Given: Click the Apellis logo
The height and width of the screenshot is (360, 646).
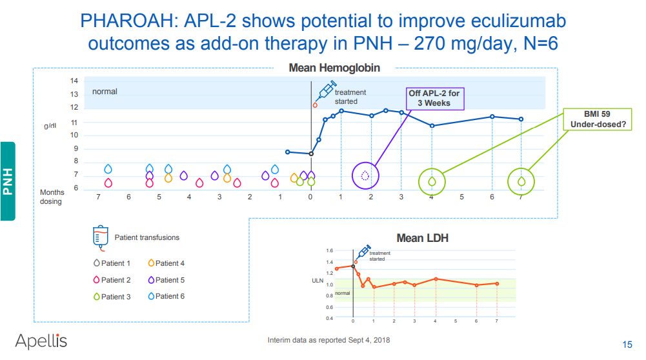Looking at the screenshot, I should (x=41, y=341).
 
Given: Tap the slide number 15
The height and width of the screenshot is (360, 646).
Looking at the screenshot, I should (x=627, y=343).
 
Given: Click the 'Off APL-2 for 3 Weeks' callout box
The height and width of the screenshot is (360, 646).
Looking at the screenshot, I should (x=434, y=98).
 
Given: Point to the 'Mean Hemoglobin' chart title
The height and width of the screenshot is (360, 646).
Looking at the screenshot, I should (x=334, y=68).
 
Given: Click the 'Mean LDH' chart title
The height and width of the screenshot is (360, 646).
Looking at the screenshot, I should (x=422, y=238).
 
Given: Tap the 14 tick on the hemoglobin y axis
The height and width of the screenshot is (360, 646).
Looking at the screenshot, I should (x=74, y=81).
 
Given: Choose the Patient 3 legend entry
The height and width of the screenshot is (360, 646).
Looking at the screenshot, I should (x=112, y=297).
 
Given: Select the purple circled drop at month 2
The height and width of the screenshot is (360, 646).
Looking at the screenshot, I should (x=365, y=175).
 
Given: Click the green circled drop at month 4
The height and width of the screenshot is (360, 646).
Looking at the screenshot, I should (x=431, y=181).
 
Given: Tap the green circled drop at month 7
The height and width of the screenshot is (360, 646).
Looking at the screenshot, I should (x=521, y=181).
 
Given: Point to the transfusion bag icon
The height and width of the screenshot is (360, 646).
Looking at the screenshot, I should (x=100, y=237).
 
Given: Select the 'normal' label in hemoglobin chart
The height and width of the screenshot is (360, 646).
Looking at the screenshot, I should (x=105, y=92).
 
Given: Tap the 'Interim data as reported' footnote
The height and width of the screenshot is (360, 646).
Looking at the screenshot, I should (x=328, y=340).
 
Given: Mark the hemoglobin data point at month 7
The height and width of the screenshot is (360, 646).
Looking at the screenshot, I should (x=521, y=119).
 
